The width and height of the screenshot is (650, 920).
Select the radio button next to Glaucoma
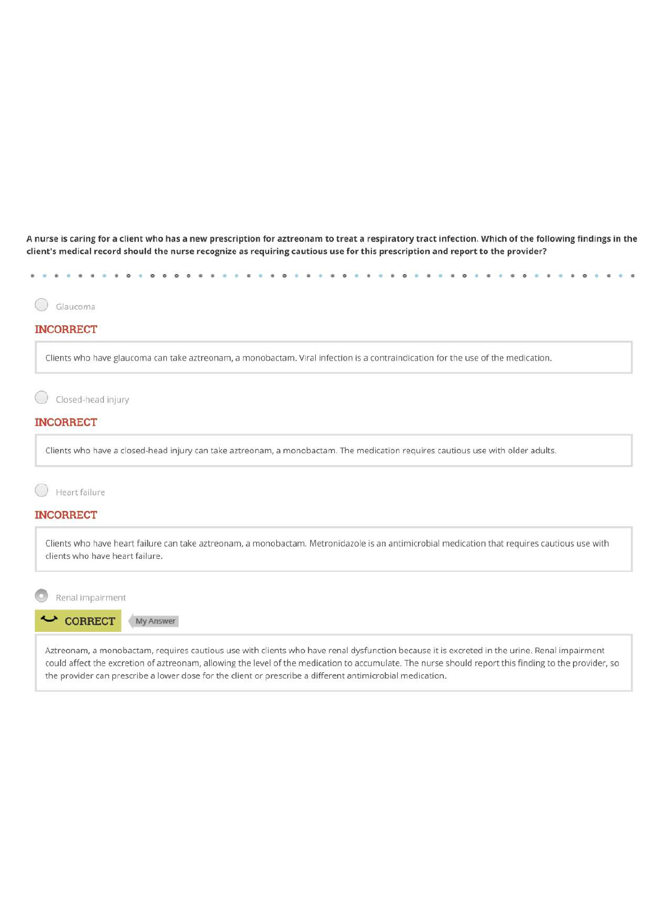tap(42, 304)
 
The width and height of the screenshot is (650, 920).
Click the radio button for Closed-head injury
tap(42, 398)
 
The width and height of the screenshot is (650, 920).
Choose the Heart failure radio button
tap(42, 490)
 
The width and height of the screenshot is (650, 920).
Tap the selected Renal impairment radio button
tap(42, 595)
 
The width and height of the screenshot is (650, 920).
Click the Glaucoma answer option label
tap(75, 307)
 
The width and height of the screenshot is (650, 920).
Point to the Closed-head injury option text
tap(92, 400)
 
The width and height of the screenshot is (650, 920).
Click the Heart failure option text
tap(80, 493)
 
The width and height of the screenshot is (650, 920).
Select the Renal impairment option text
tap(90, 598)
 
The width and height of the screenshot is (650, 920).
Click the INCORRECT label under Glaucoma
tap(66, 330)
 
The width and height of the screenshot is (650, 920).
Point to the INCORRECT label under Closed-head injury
tap(66, 422)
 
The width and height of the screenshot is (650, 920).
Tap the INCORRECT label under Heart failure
tap(66, 515)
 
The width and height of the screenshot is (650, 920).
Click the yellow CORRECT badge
tap(78, 621)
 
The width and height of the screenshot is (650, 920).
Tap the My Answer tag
tap(154, 621)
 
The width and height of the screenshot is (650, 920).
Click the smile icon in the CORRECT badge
tap(49, 619)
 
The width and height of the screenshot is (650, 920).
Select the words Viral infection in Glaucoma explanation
tap(325, 358)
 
